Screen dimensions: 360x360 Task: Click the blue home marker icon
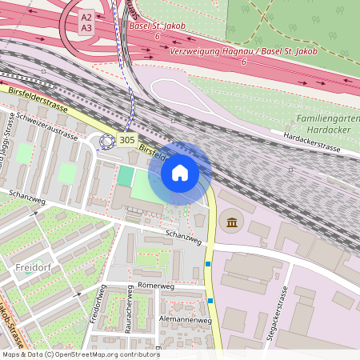coord(180,173)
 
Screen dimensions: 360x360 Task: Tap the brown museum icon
coord(232,222)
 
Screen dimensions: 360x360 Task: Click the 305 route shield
coord(126,140)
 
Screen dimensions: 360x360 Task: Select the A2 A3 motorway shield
coord(86,22)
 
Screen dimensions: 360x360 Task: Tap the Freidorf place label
coord(33,281)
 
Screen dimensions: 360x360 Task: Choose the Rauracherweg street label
coord(128,318)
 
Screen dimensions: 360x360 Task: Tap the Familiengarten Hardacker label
coord(328,125)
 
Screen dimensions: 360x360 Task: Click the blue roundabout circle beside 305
coord(106,142)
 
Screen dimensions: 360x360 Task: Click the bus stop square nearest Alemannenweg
coord(210,301)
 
